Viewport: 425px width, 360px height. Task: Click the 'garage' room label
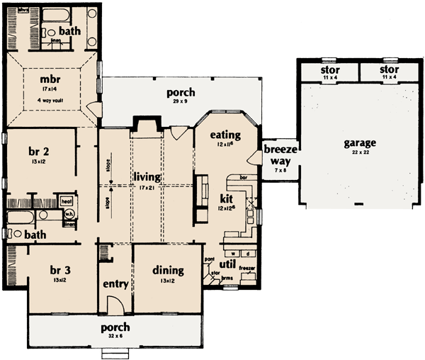point(360,142)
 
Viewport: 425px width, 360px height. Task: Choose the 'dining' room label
point(167,270)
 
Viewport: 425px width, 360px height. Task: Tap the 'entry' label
point(115,284)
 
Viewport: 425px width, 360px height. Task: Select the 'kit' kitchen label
point(226,198)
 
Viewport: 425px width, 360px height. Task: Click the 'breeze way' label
point(276,155)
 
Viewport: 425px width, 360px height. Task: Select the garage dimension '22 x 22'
point(360,152)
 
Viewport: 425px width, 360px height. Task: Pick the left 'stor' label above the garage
point(327,71)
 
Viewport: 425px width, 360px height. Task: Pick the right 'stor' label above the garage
point(388,71)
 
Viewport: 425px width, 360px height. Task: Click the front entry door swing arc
point(115,305)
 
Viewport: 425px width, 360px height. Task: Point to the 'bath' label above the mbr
point(69,31)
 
